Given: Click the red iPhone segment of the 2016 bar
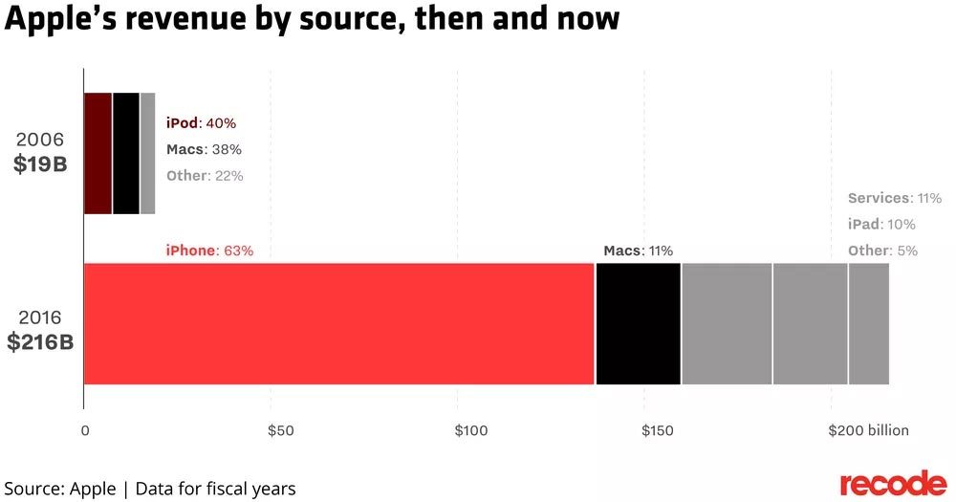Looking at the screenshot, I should pos(339,323).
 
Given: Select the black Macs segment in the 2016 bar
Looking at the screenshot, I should pos(638,323).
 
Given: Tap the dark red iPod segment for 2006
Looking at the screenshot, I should pos(98,153).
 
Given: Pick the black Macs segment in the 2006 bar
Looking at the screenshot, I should pos(125,153).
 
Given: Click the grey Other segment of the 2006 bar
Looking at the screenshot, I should pos(147,153).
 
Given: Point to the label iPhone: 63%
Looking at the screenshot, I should pos(209,251).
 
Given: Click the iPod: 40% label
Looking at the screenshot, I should pos(201,123).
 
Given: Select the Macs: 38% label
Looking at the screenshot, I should pos(204,149).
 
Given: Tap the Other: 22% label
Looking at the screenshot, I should pos(205,175).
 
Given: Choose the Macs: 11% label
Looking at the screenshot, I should pos(638,251).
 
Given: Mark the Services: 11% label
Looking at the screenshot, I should pos(895,199).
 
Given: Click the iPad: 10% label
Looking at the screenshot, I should pos(881,225).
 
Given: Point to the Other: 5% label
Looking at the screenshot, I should pos(882,251).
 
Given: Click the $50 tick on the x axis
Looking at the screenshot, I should pos(279,430).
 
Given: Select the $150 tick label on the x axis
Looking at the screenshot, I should pos(657,430).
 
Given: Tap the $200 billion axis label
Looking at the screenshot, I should pos(868,430).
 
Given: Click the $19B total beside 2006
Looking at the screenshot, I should pos(40,164).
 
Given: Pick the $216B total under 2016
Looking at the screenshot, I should pos(40,340).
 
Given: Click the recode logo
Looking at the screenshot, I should pos(893,483).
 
